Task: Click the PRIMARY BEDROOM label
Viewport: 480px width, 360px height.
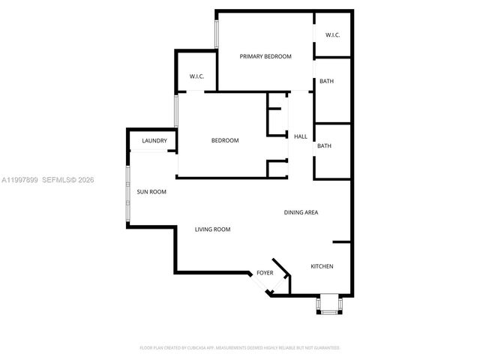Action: pyautogui.click(x=265, y=56)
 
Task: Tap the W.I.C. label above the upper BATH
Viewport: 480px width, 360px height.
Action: pyautogui.click(x=333, y=36)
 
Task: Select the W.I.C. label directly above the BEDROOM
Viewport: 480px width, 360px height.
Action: pyautogui.click(x=196, y=76)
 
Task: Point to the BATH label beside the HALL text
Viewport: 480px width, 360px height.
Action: pyautogui.click(x=324, y=146)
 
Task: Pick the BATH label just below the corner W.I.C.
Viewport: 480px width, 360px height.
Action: pyautogui.click(x=326, y=81)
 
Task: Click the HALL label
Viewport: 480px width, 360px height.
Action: pyautogui.click(x=300, y=136)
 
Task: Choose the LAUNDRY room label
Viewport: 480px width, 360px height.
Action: pyautogui.click(x=154, y=140)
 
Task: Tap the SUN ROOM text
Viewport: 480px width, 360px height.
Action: pyautogui.click(x=151, y=192)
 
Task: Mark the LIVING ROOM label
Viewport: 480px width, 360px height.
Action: pyautogui.click(x=212, y=229)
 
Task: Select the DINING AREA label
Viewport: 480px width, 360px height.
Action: pyautogui.click(x=301, y=212)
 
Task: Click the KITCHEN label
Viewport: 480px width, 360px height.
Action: pyautogui.click(x=322, y=266)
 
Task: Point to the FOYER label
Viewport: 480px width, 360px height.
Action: pyautogui.click(x=265, y=273)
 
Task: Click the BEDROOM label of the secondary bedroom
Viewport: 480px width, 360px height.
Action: pyautogui.click(x=225, y=141)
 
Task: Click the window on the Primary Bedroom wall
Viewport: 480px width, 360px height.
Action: pyautogui.click(x=216, y=33)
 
